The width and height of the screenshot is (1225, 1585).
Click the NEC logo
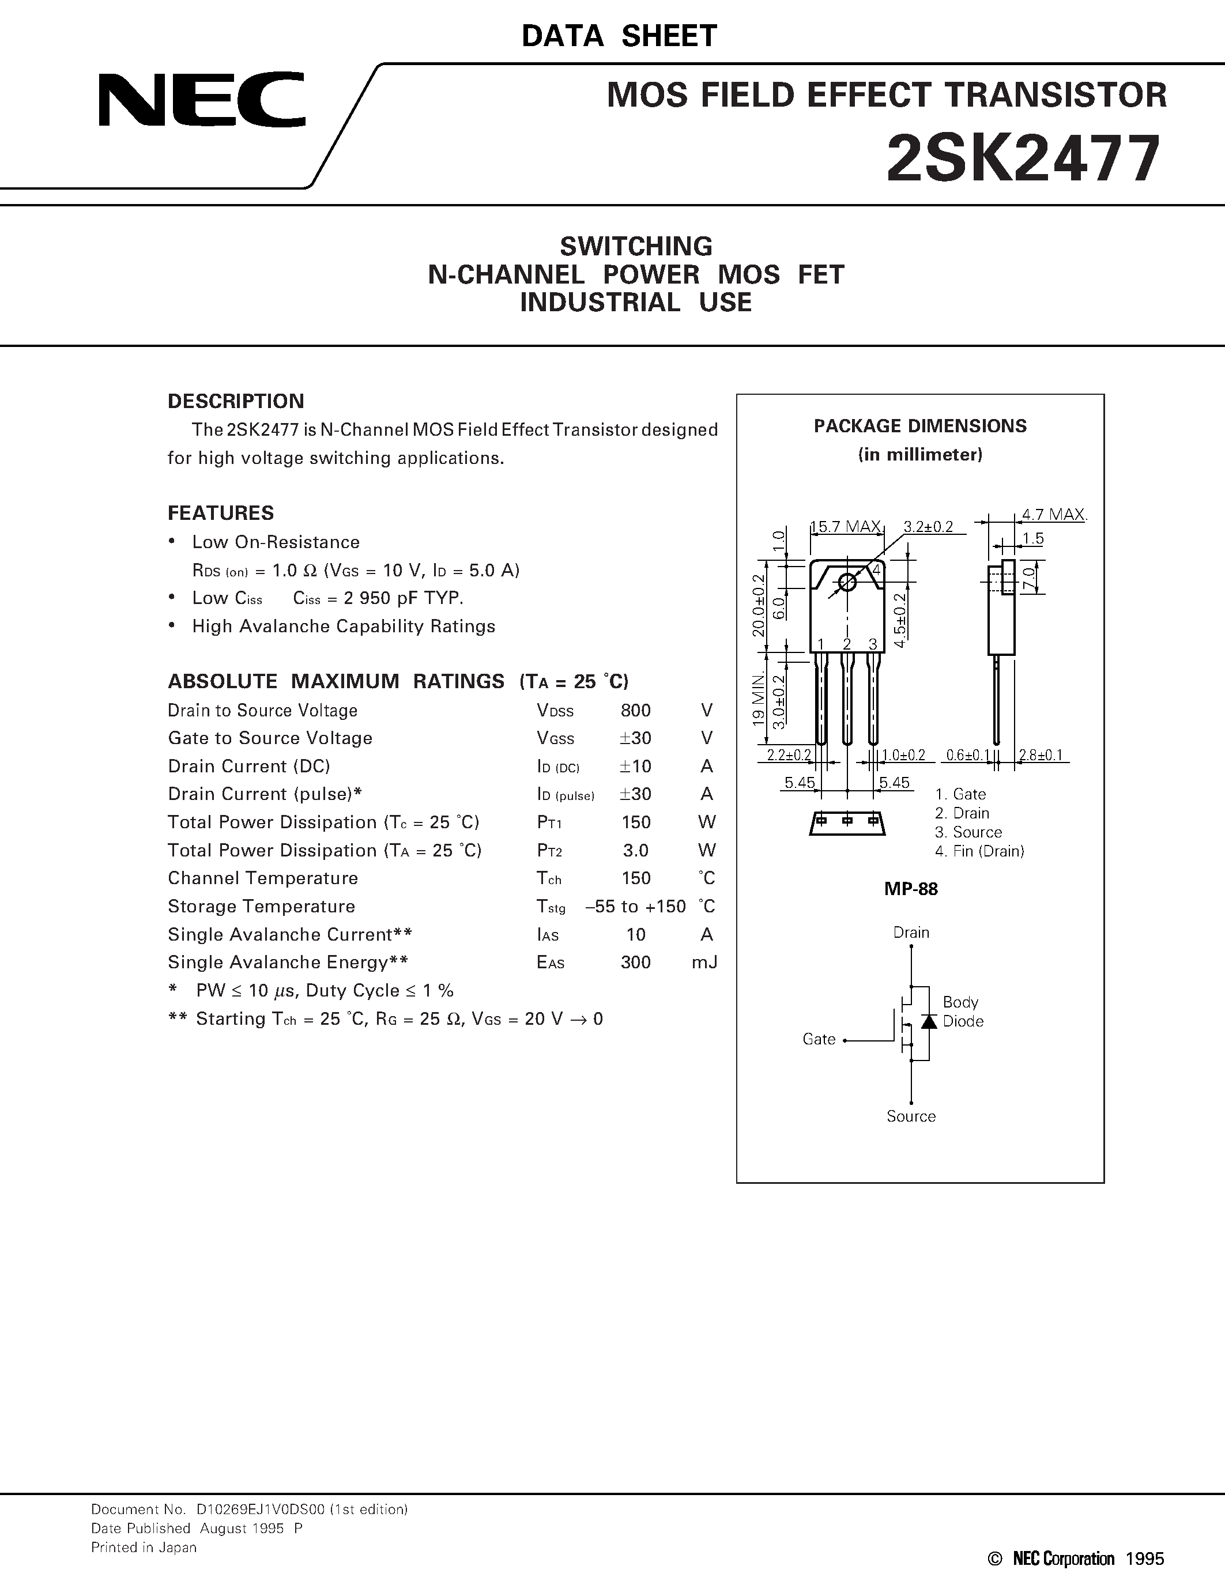coord(202,100)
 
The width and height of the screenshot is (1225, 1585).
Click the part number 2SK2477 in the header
coord(1023,160)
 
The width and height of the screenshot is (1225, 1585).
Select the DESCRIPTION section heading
coord(236,401)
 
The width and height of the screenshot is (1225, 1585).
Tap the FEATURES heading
coord(221,513)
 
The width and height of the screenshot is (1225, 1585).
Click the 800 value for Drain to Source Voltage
coord(636,711)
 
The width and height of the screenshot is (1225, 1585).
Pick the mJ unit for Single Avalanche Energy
coord(704,963)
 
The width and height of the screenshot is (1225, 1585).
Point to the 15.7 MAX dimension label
coord(846,527)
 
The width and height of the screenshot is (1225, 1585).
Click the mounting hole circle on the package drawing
coord(847,582)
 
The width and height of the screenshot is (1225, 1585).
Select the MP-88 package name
coord(911,889)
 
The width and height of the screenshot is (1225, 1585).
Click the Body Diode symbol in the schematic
coord(928,1021)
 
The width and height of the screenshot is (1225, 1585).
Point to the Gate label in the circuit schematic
coord(819,1039)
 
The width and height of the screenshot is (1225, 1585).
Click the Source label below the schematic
coord(911,1116)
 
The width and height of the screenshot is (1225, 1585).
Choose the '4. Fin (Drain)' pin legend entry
coord(979,851)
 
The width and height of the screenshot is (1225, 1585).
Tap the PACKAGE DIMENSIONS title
coord(920,426)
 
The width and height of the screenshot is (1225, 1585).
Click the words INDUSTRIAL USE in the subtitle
coord(636,303)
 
